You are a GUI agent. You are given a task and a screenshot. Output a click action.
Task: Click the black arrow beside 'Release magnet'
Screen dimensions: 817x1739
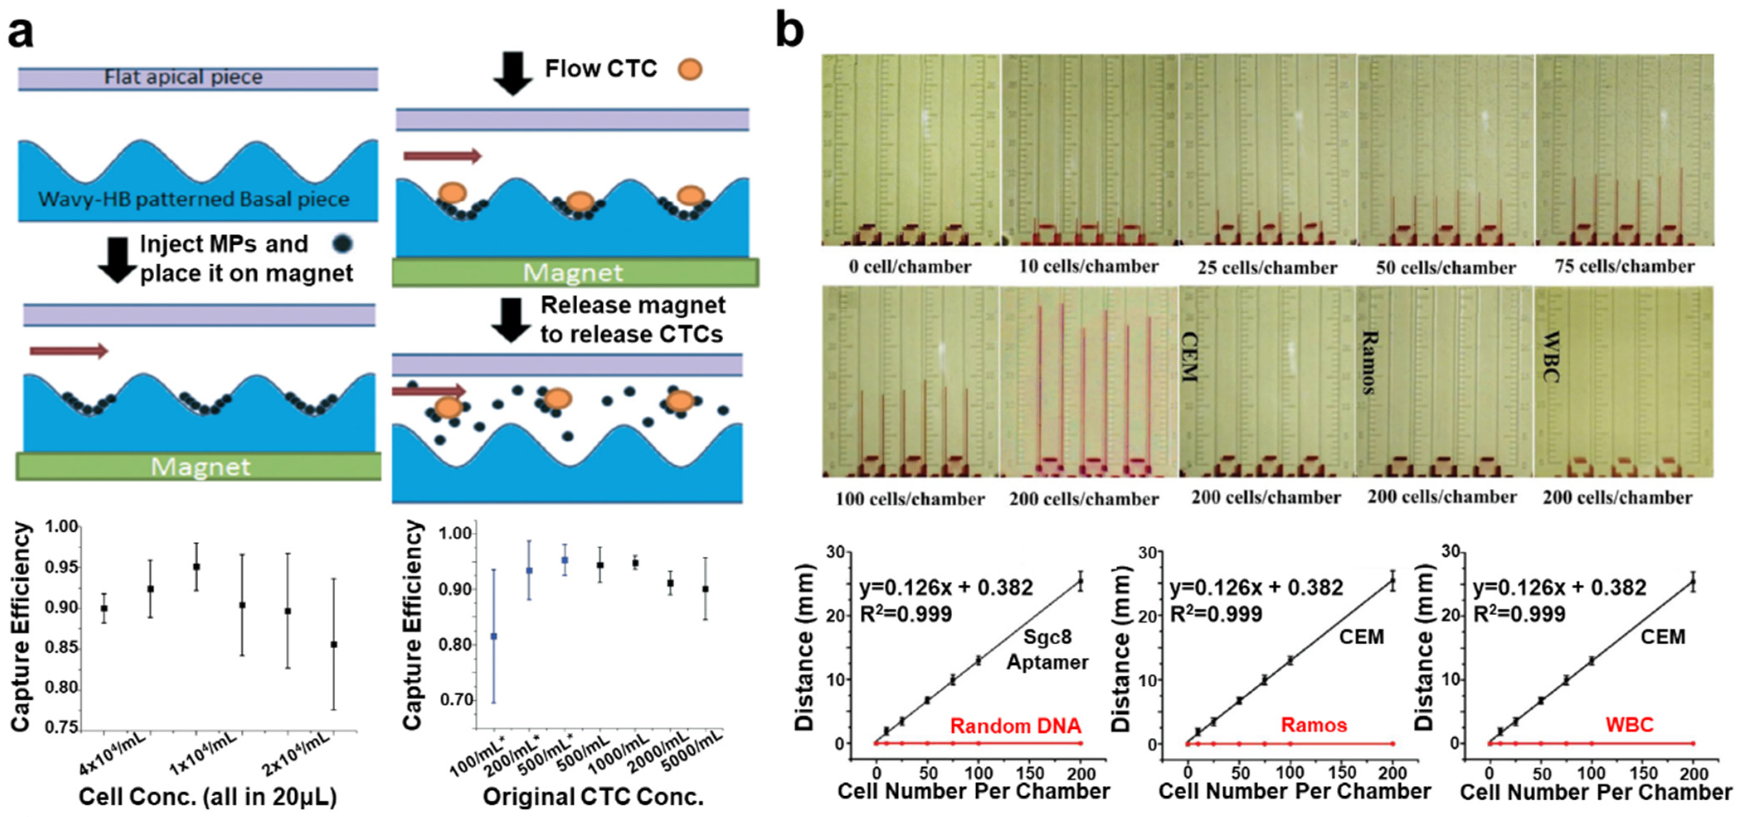[x=511, y=320]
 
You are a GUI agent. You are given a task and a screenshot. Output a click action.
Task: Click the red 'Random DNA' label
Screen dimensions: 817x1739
[x=1015, y=726]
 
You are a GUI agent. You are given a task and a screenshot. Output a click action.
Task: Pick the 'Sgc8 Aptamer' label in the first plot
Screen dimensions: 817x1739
[x=1047, y=650]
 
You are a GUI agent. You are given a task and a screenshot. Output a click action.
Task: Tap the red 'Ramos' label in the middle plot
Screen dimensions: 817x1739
[x=1314, y=725]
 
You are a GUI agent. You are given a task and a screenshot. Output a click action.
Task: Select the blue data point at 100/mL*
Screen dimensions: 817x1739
[x=494, y=636]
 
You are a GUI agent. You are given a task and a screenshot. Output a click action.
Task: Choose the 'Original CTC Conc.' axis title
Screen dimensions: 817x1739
[x=593, y=797]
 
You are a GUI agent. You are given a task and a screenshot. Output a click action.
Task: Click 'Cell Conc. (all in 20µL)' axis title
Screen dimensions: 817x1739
[x=207, y=797]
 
